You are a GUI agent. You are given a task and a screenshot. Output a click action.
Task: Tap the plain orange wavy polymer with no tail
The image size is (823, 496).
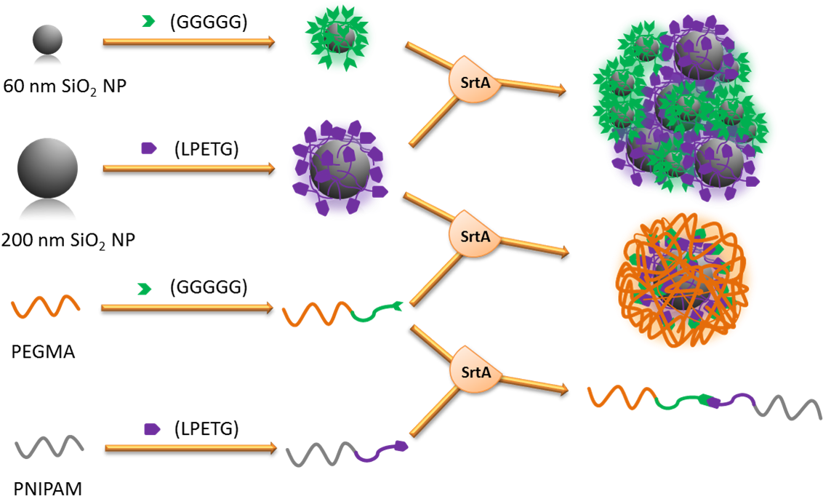45,306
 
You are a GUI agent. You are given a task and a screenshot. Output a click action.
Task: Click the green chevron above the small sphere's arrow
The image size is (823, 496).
148,22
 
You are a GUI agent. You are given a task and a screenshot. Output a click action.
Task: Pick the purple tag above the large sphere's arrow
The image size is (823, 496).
148,148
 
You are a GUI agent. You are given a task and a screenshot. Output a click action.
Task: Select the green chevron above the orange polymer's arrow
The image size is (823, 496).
145,289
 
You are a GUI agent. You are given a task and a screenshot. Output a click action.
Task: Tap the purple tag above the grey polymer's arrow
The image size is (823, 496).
152,429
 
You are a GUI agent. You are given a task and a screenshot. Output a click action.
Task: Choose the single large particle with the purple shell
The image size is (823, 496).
340,167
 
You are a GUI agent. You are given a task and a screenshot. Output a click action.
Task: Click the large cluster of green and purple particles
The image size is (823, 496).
683,105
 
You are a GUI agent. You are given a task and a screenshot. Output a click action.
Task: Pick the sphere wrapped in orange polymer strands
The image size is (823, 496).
683,280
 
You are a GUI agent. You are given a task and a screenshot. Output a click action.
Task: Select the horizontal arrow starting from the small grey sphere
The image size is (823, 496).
189,41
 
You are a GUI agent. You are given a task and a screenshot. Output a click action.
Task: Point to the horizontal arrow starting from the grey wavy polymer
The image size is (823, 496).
190,448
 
